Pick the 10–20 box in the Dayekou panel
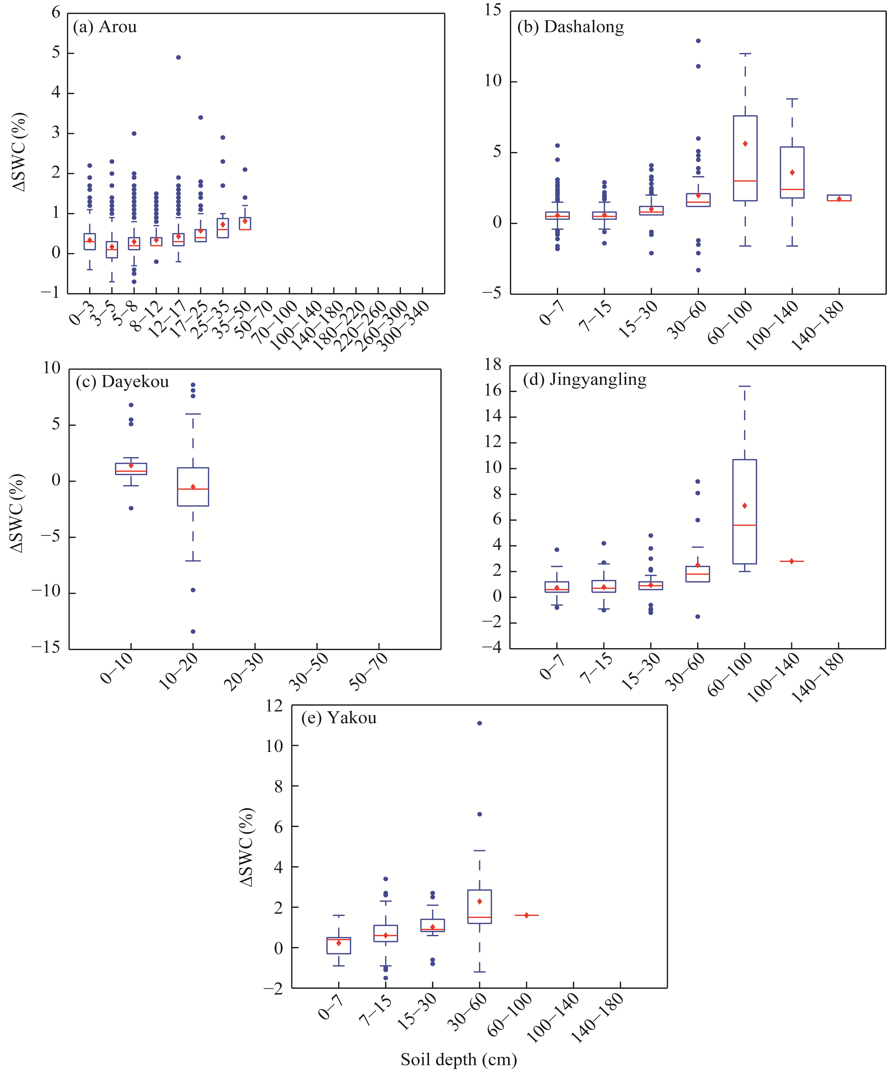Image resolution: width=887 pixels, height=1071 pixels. (x=193, y=487)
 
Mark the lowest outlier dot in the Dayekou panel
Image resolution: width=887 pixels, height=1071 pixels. (x=193, y=631)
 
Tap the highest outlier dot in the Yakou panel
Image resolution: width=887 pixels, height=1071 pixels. (x=479, y=723)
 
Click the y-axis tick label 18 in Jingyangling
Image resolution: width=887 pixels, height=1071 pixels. (x=493, y=365)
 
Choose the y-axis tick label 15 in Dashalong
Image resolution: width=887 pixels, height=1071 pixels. (x=493, y=10)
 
